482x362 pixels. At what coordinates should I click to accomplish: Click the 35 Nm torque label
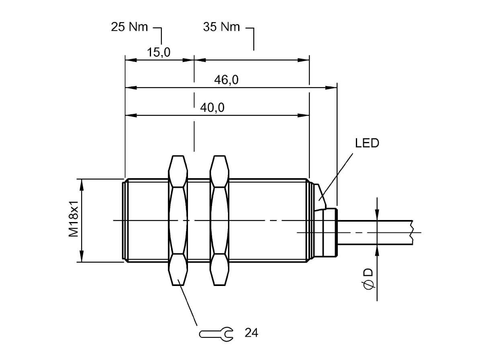tap(221, 27)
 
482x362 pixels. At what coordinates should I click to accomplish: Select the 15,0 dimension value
tap(159, 52)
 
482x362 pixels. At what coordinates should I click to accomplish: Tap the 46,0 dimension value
tap(226, 80)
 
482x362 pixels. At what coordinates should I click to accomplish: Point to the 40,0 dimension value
tap(212, 108)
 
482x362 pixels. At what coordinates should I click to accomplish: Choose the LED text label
tap(367, 143)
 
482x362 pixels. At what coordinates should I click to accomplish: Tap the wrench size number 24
tap(251, 333)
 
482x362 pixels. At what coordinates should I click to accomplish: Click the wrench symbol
tap(216, 333)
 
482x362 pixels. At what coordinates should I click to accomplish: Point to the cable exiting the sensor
tap(374, 232)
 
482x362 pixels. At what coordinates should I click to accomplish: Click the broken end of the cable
tap(411, 232)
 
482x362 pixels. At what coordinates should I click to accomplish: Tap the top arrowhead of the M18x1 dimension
tap(82, 185)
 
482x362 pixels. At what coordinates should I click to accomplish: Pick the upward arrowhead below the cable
tap(377, 250)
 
